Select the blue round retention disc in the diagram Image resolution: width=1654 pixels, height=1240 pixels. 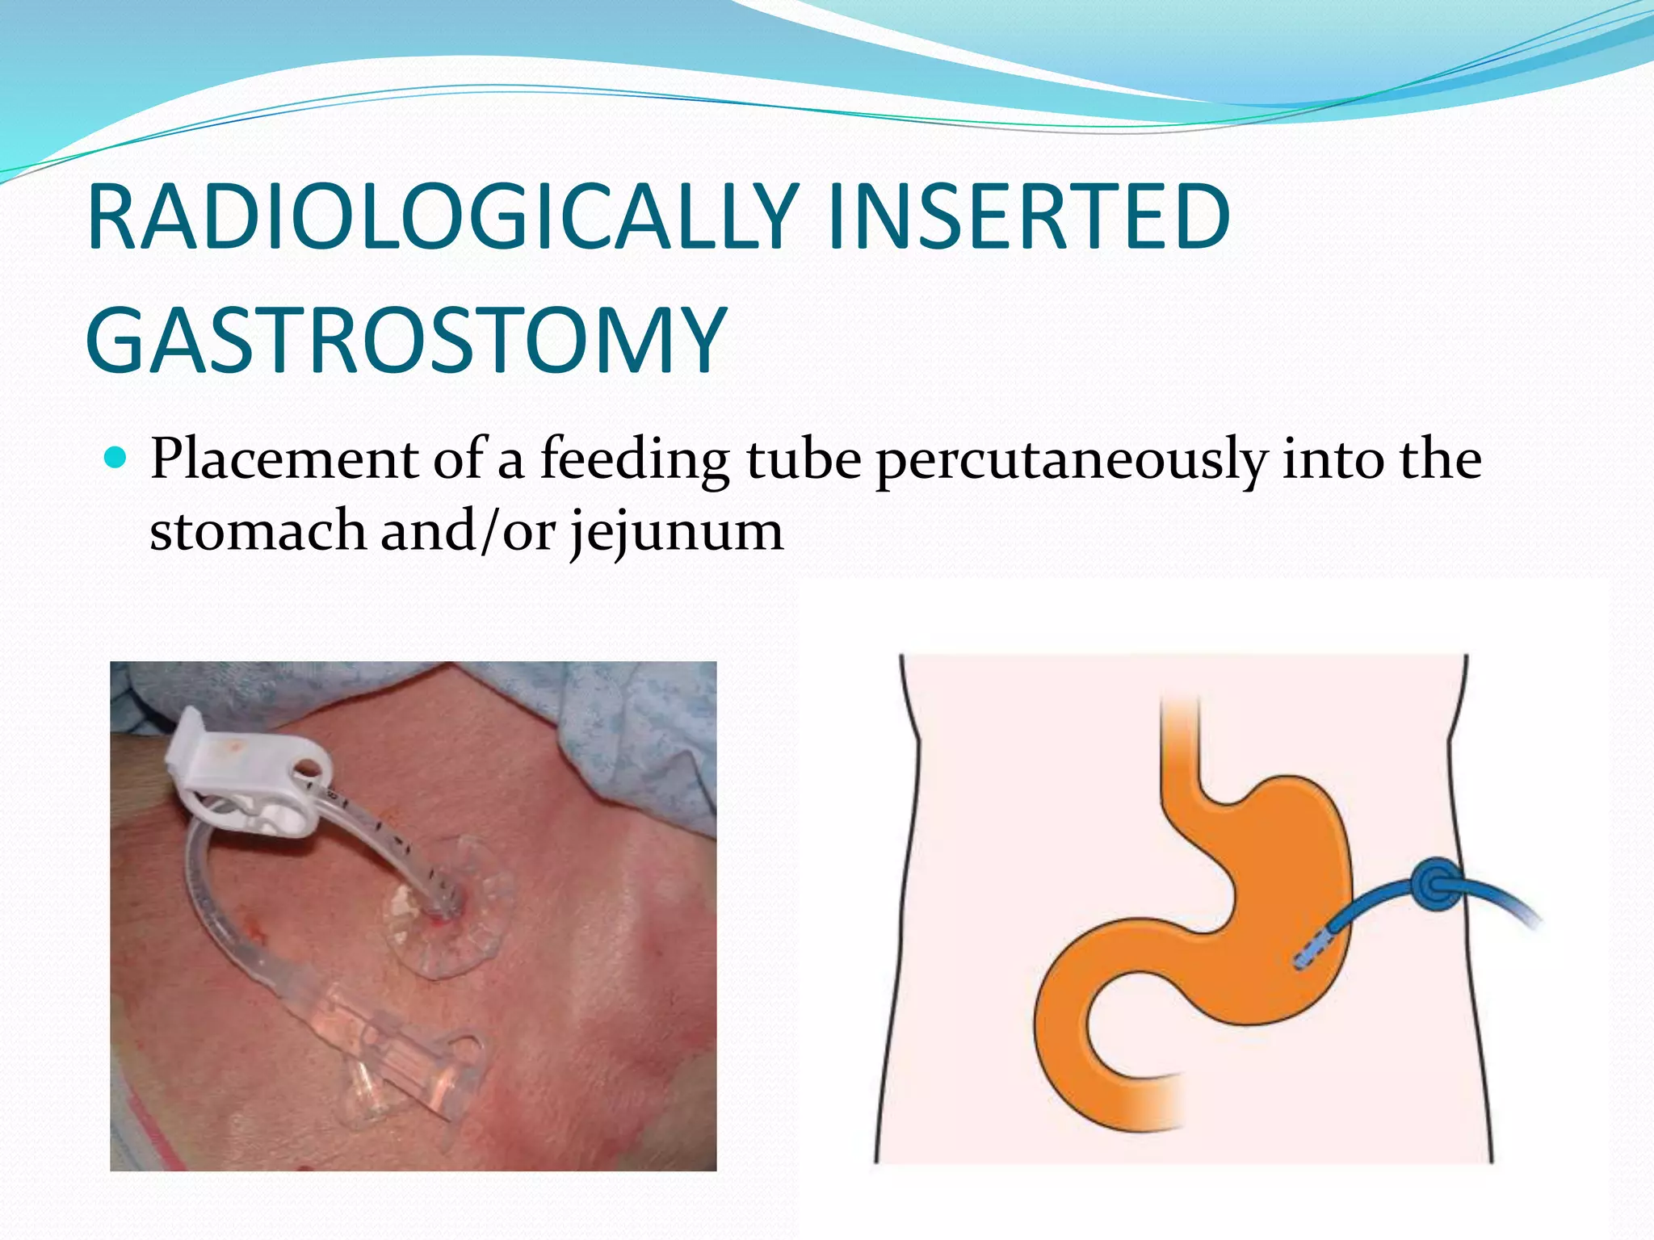1435,886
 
